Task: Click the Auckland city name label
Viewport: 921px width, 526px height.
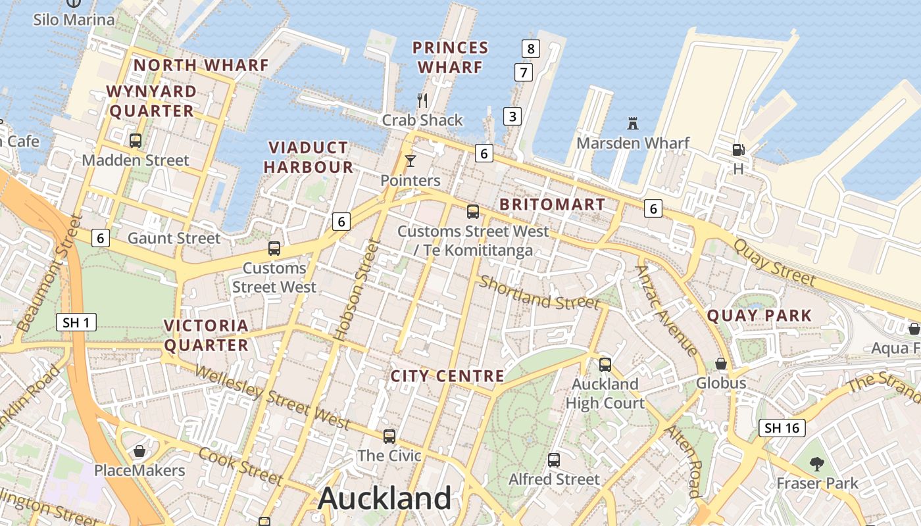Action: tap(385, 498)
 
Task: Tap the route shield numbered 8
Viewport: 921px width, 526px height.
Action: tap(530, 48)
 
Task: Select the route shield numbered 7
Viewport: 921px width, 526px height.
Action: tap(523, 72)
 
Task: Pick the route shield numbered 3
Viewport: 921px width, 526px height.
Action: tap(512, 116)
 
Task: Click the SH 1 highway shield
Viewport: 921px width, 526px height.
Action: tap(77, 322)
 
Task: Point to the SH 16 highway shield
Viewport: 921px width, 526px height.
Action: tap(782, 428)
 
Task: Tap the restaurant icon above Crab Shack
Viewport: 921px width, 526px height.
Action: tap(422, 101)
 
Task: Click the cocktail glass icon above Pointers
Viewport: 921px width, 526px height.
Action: tap(411, 161)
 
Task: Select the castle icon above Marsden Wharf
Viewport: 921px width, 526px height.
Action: tap(633, 123)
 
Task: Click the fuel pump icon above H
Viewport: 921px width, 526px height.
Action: tap(738, 150)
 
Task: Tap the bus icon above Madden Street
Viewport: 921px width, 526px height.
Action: tap(136, 140)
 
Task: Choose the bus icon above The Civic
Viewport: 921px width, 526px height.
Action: tap(389, 436)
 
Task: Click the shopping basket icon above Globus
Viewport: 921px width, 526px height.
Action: tap(721, 364)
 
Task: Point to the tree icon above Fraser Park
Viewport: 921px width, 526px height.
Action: tap(817, 464)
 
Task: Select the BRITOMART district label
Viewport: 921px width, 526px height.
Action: tap(552, 204)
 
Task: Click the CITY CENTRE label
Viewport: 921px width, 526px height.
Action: tap(447, 376)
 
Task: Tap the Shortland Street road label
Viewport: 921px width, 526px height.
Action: tap(539, 293)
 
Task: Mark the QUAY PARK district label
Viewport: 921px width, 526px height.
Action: tap(759, 316)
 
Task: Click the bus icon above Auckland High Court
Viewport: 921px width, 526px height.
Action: tap(605, 364)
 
